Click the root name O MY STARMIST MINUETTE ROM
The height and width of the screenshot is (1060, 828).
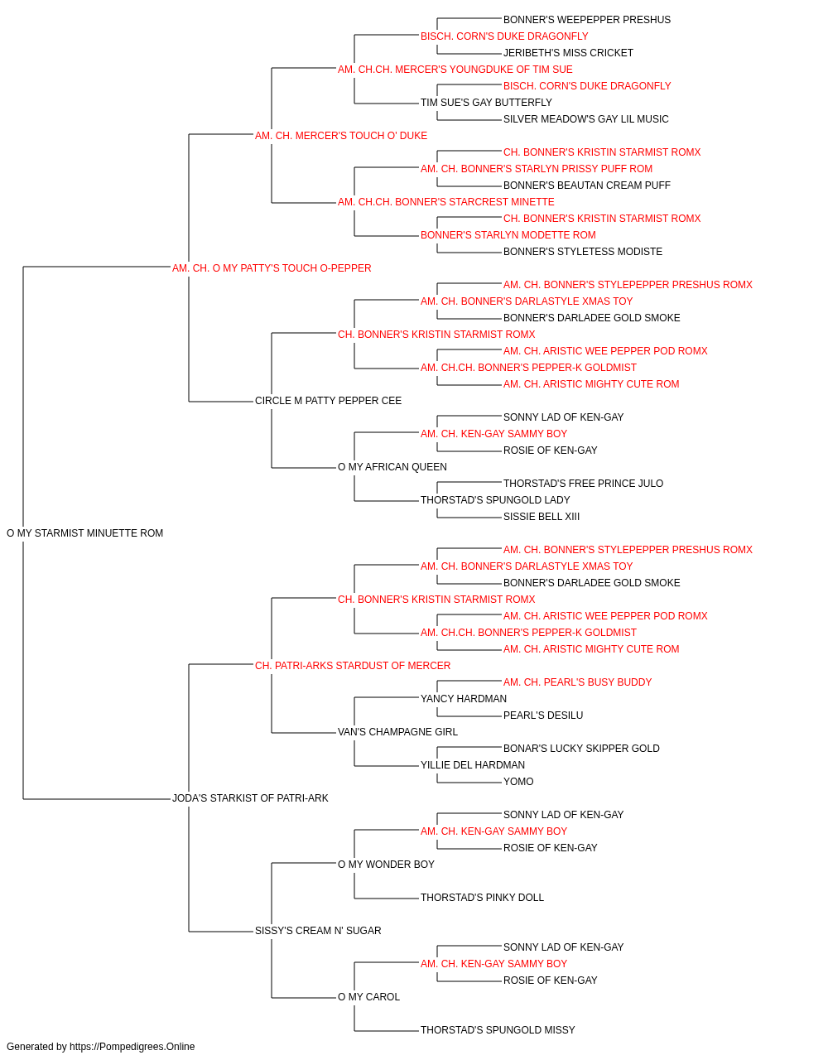point(84,533)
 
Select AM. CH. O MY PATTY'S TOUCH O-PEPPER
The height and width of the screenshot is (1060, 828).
point(272,268)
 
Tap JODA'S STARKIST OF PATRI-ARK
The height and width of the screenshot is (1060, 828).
point(250,798)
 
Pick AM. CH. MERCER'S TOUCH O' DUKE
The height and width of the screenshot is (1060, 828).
point(341,136)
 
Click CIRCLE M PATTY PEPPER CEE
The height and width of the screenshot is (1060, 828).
point(328,401)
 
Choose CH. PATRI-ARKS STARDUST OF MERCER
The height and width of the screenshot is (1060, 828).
point(353,665)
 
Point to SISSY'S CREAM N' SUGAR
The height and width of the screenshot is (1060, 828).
point(318,930)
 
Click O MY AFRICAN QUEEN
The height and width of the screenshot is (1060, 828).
point(392,467)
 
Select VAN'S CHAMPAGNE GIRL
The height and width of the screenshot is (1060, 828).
point(397,732)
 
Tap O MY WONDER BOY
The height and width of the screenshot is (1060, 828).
point(386,864)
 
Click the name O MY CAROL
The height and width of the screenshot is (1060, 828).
point(368,996)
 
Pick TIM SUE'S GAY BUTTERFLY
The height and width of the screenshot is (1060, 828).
point(486,103)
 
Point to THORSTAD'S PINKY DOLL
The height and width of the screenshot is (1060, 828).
point(482,897)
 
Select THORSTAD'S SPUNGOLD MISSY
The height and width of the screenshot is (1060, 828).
point(498,1029)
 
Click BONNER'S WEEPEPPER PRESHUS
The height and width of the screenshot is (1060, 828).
point(586,20)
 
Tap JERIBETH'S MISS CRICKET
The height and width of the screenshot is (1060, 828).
point(568,53)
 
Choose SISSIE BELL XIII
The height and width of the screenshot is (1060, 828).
point(542,517)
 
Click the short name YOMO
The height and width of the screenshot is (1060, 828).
point(518,782)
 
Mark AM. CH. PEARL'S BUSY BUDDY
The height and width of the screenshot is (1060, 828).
point(577,682)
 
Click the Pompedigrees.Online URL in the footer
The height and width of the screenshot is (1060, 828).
point(132,1047)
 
